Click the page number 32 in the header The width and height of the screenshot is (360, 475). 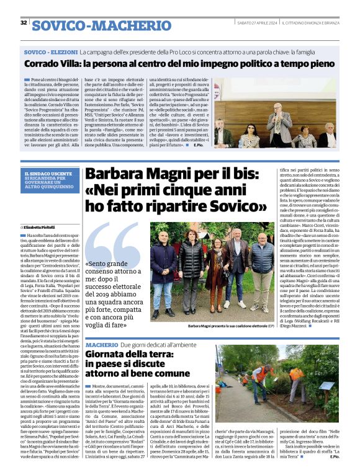(x=24, y=22)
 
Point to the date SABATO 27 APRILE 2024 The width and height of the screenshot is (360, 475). (x=256, y=23)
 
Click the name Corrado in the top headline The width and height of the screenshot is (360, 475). (x=43, y=63)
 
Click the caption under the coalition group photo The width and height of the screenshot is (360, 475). (x=230, y=326)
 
